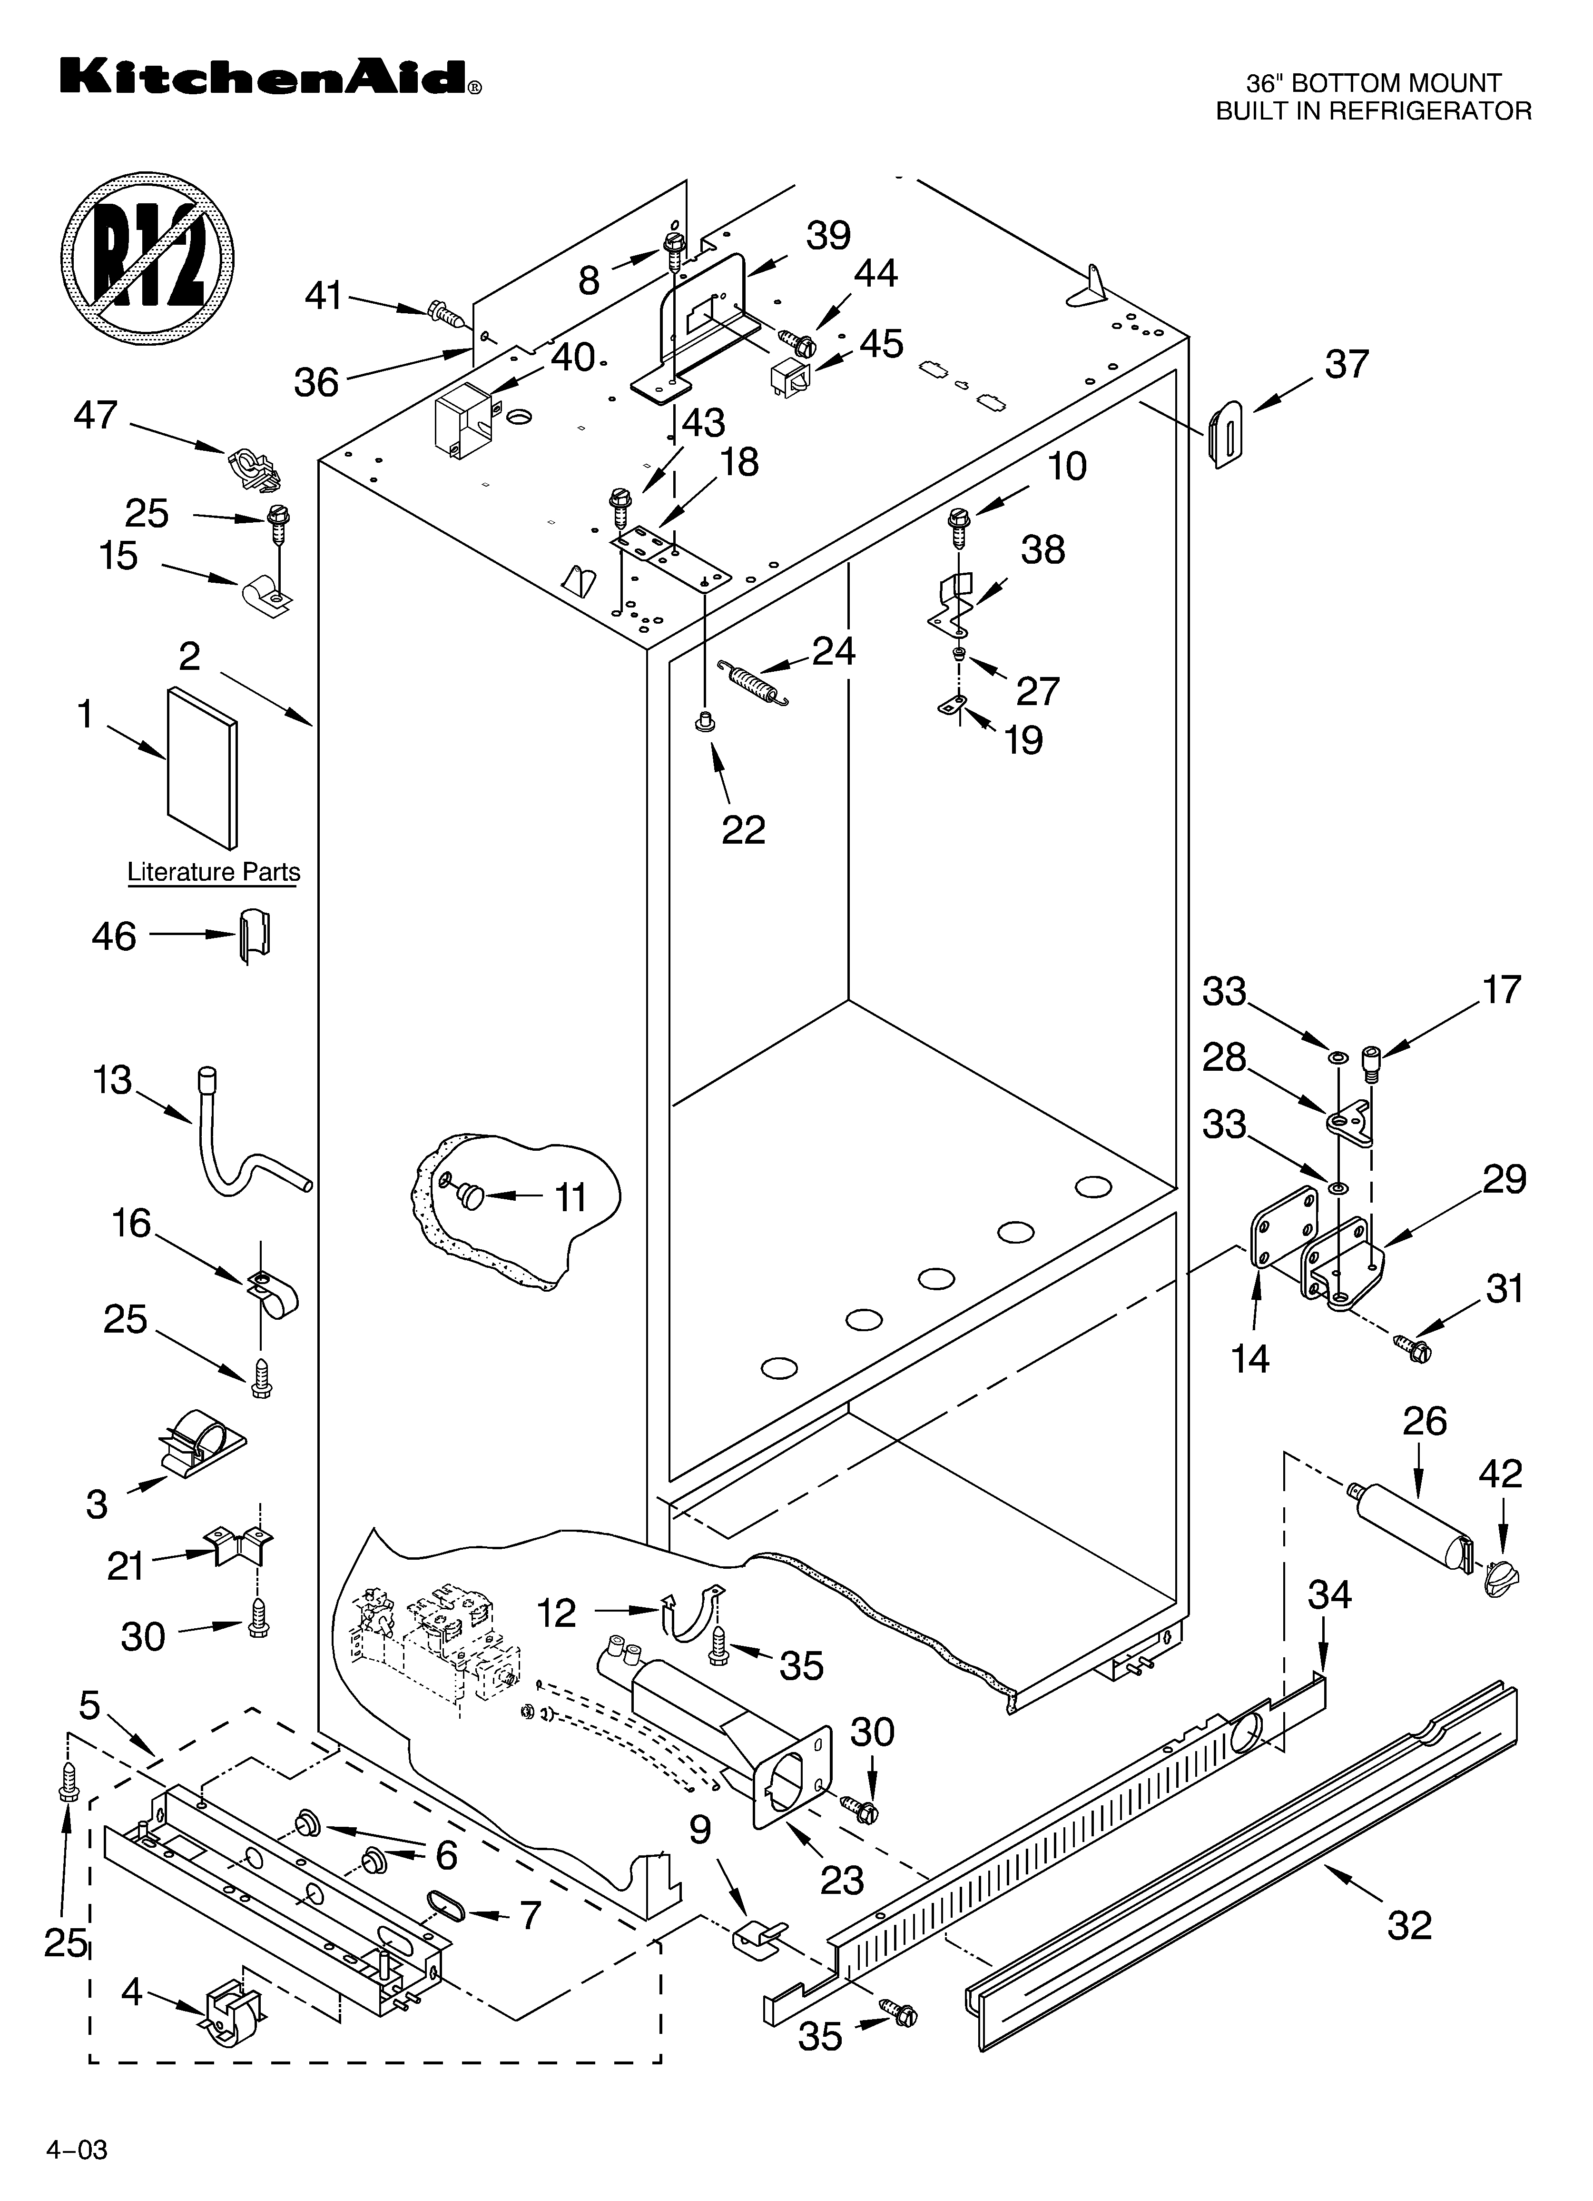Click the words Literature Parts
(214, 872)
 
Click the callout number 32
(1409, 1924)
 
